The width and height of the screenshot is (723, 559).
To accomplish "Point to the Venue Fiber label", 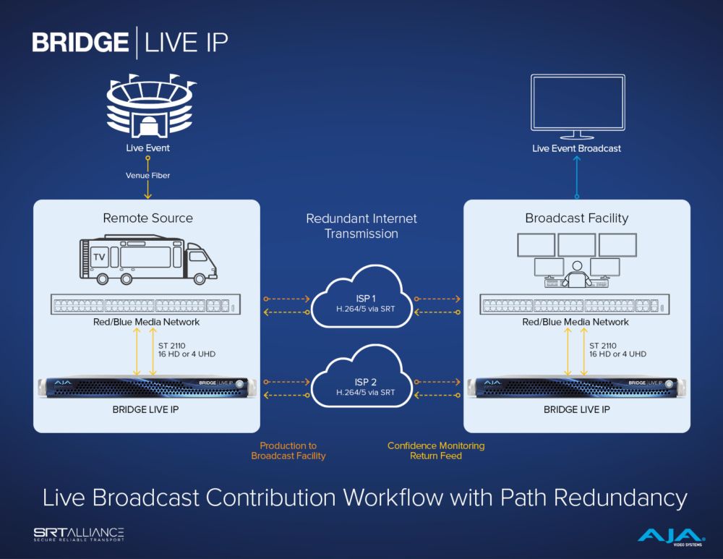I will (x=147, y=175).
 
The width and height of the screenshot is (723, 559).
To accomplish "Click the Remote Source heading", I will (x=147, y=218).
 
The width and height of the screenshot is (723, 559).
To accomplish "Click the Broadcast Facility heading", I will (x=576, y=218).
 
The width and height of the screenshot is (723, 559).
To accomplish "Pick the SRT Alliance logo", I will (x=79, y=534).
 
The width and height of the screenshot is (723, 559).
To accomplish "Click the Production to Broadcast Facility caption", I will (x=288, y=451).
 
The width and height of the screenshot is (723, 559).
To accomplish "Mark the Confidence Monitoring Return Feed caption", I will (x=436, y=451).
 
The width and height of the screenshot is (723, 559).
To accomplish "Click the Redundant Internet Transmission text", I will (x=361, y=226).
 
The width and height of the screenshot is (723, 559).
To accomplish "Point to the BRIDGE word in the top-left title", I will (x=80, y=42).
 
